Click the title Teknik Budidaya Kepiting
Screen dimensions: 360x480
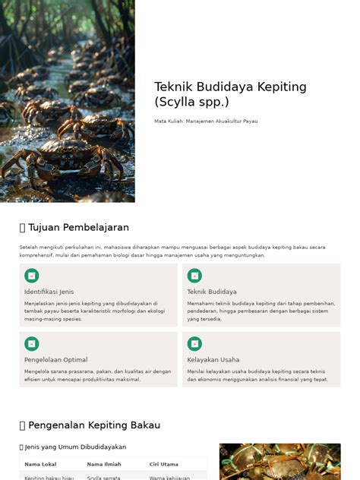[x=230, y=87]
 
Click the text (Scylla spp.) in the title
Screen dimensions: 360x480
[x=191, y=102]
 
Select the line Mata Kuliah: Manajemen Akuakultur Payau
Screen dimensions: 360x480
[x=206, y=122]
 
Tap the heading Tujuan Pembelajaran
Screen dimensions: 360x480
[x=78, y=227]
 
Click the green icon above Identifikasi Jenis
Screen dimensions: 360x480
[x=32, y=276]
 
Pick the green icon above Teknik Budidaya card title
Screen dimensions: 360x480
[x=194, y=276]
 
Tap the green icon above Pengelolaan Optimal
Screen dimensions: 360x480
[x=32, y=344]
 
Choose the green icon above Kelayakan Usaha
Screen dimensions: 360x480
[x=194, y=344]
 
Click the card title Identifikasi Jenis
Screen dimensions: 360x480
[x=49, y=292]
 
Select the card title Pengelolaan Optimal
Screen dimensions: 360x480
[x=55, y=360]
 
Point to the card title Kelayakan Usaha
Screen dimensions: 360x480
[x=213, y=360]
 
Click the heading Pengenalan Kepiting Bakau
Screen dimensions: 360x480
[x=94, y=425]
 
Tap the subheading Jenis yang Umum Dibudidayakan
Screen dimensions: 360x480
[x=76, y=447]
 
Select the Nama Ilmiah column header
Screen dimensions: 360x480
[x=104, y=464]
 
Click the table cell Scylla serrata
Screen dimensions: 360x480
[x=104, y=478]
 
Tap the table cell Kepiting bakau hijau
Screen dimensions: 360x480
[x=48, y=478]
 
